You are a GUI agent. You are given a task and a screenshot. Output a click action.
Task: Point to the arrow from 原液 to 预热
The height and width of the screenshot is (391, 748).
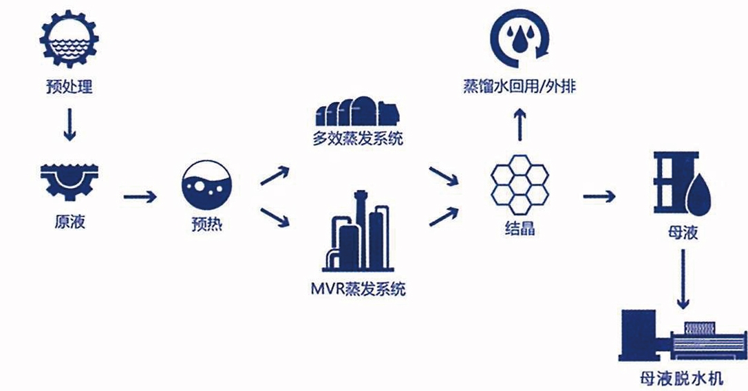(140, 198)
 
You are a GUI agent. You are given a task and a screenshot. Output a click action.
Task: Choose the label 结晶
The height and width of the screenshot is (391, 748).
(520, 227)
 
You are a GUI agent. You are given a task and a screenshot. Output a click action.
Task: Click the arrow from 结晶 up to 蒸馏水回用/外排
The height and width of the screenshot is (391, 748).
(521, 125)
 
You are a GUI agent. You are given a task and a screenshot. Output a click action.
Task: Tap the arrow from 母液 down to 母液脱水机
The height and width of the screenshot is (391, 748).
(683, 279)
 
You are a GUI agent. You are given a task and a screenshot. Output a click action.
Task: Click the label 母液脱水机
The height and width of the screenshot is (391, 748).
(683, 378)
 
